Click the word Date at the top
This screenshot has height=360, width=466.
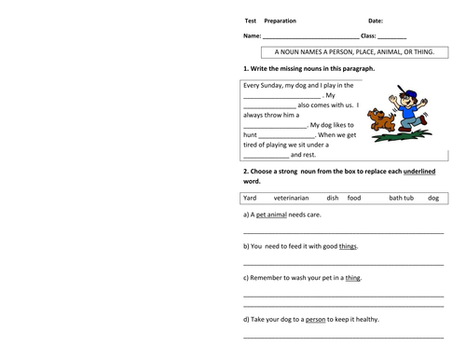pos(376,21)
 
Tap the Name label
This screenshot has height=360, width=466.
pos(253,35)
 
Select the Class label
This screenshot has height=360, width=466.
pos(368,35)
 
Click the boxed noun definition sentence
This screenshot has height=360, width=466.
pos(348,53)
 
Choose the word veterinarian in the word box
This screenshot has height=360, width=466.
pos(291,198)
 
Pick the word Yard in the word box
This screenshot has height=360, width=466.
pos(250,198)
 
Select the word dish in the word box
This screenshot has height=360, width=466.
pos(333,198)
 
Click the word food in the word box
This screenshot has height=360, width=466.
pos(354,198)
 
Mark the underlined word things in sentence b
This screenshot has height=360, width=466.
pos(348,246)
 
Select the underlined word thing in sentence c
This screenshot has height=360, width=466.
pos(352,277)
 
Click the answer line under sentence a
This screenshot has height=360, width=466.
pos(343,231)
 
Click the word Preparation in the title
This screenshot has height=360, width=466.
pos(283,21)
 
